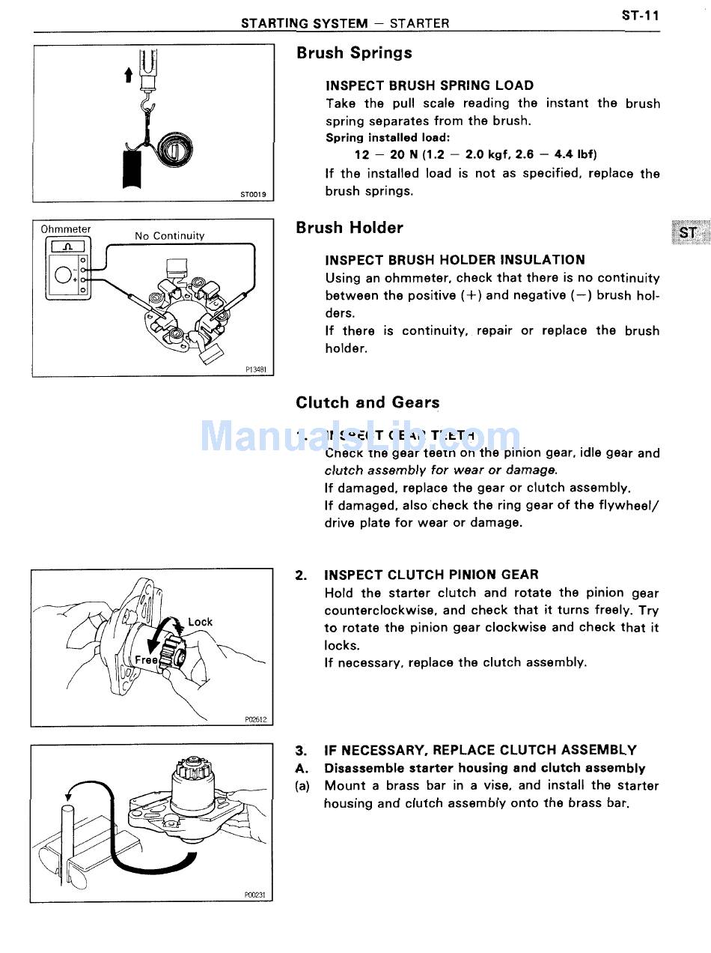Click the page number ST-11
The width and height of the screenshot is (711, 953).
[x=640, y=15]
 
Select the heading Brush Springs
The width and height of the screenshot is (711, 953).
[x=354, y=53]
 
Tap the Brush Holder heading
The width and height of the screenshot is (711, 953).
[x=349, y=228]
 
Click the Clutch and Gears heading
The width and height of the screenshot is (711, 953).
[x=367, y=402]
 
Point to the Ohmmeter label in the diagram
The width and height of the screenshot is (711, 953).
[x=66, y=229]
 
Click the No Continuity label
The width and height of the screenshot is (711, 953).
[x=169, y=236]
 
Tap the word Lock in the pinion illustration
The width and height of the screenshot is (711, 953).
[x=200, y=622]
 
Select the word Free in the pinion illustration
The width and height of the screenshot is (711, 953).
[x=146, y=660]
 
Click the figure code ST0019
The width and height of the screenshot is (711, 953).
[x=253, y=194]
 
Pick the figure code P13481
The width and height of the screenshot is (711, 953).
[x=255, y=369]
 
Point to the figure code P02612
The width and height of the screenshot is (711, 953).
[x=255, y=719]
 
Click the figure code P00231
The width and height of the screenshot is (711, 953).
[x=254, y=895]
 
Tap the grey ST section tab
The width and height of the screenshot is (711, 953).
[x=688, y=233]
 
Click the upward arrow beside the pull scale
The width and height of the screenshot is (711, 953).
[x=129, y=74]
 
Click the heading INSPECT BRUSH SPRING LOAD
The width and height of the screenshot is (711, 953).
[x=430, y=85]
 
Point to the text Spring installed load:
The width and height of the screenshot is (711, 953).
[x=387, y=138]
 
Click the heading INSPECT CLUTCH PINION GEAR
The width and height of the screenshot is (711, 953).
[x=431, y=575]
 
